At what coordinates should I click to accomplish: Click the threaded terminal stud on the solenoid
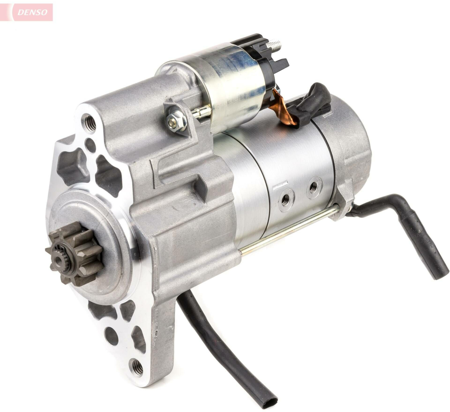(274, 44)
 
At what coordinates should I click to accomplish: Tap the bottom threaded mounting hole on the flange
(138, 366)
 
